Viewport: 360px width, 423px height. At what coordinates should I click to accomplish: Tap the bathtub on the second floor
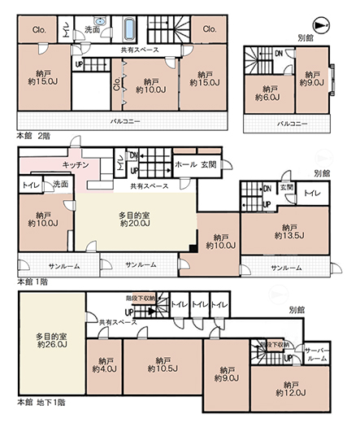(131, 29)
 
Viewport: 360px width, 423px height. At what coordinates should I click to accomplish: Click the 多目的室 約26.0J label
(50, 340)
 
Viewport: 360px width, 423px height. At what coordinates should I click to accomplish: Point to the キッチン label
(75, 164)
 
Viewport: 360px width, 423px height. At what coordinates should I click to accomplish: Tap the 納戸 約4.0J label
(106, 364)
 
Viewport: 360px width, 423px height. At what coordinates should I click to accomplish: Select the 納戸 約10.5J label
(161, 364)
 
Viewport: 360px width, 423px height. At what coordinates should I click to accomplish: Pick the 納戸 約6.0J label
(264, 94)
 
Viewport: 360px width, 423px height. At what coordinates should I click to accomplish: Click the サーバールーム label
(316, 354)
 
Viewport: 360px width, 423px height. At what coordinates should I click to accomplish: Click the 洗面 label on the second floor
(91, 30)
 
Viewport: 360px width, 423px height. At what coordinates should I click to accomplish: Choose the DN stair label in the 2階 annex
(278, 53)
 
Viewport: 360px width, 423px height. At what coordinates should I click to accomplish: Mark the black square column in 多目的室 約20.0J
(192, 248)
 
